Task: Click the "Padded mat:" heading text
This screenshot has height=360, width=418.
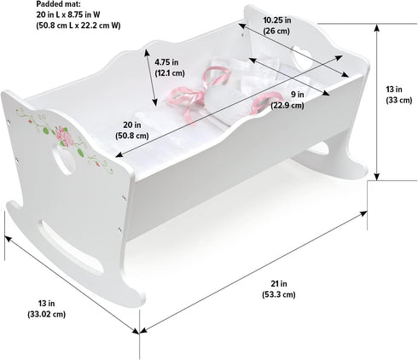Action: coord(58,4)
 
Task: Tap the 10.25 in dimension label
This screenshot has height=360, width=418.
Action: coord(277,20)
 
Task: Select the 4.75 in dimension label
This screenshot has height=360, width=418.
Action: coord(166,62)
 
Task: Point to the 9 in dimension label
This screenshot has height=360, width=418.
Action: coord(297,95)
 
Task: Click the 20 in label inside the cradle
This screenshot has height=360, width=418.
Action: coord(132,125)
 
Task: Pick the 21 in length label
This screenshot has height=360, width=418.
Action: coord(279,283)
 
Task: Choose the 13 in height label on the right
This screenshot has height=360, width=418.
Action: coord(394,90)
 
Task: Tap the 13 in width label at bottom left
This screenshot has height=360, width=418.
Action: coord(46,304)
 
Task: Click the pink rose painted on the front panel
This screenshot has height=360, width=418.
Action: coord(64,136)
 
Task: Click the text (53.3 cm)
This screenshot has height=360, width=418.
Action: coord(279,294)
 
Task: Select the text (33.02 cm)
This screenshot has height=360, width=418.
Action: coord(46,314)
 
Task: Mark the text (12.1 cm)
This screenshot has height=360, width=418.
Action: coord(170,73)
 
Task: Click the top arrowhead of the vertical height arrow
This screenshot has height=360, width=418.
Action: coord(377,26)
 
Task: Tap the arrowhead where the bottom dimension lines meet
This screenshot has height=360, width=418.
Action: coord(139,331)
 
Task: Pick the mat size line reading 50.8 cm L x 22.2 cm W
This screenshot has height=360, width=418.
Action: coord(78,26)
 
